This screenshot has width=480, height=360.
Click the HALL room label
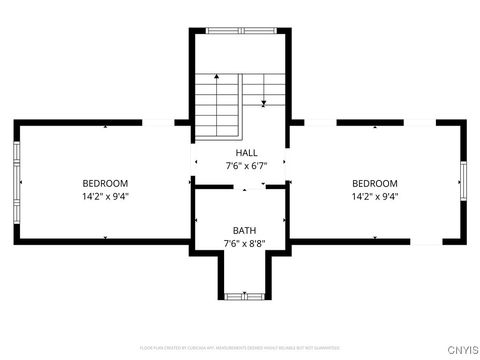(x=246, y=153)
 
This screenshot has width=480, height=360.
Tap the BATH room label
(x=244, y=230)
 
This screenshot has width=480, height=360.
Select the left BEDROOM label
(x=105, y=183)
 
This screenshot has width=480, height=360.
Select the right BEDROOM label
(x=375, y=183)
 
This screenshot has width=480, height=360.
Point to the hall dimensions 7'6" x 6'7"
(x=246, y=166)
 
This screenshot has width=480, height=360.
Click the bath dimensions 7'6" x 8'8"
(x=244, y=243)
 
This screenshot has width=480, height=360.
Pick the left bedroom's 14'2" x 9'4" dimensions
(x=105, y=196)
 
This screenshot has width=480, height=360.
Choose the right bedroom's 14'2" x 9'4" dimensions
(x=375, y=196)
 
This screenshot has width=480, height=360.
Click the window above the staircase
(x=242, y=31)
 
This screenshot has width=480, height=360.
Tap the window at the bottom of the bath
(x=241, y=296)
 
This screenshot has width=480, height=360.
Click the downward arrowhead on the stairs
(x=263, y=102)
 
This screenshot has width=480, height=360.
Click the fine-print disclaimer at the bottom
(x=240, y=348)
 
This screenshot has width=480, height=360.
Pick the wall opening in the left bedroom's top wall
(x=157, y=122)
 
